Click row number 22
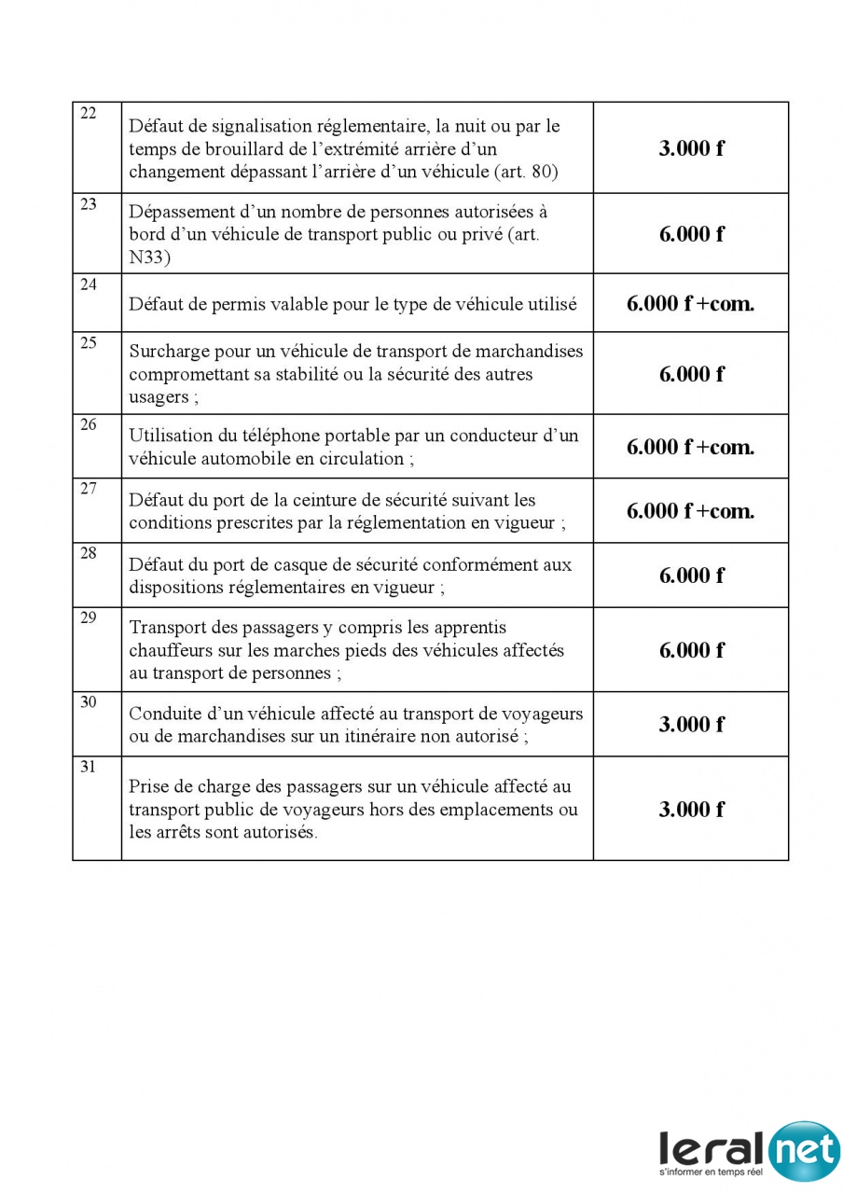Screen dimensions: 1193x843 (89, 114)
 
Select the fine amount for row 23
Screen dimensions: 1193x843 (691, 234)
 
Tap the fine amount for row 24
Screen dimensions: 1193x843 (691, 303)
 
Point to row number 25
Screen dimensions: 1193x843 (89, 342)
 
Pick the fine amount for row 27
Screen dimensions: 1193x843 (691, 511)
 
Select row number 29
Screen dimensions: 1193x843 (89, 617)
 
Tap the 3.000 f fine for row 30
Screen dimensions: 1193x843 (691, 725)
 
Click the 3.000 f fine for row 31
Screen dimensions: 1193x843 (691, 810)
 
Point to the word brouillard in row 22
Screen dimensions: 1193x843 (224, 149)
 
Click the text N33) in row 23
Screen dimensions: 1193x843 (149, 257)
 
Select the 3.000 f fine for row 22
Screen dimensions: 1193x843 (691, 148)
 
